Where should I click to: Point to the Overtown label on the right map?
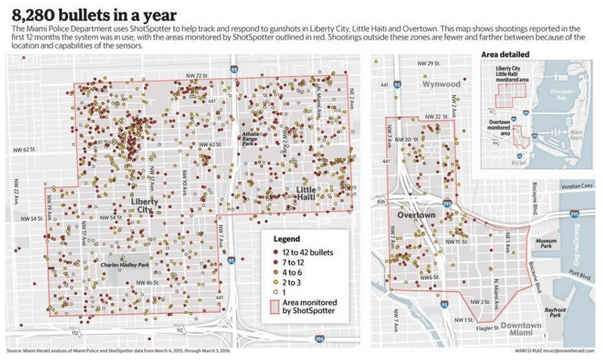(x=415, y=216)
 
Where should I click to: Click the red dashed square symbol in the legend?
(x=275, y=306)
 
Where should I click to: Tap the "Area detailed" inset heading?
(x=505, y=54)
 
